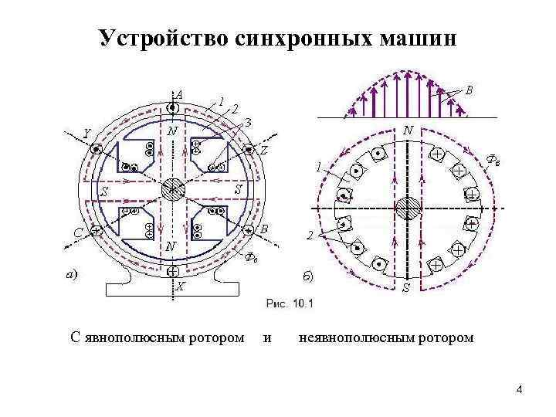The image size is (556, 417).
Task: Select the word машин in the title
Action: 412,38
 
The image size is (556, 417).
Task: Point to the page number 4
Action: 520,388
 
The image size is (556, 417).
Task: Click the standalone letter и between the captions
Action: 268,337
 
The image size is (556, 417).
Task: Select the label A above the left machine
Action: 179,94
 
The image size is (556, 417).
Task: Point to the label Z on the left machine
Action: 263,150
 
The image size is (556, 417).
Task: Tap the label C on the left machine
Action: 79,231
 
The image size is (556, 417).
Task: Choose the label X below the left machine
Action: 179,286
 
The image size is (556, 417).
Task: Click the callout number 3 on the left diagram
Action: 249,120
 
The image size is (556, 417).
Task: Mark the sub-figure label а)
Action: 71,274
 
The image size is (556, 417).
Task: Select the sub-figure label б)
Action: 307,276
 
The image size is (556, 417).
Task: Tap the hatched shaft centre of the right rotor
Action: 406,208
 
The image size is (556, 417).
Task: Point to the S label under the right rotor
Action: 406,288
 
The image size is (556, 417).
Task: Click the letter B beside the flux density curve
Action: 470,90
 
